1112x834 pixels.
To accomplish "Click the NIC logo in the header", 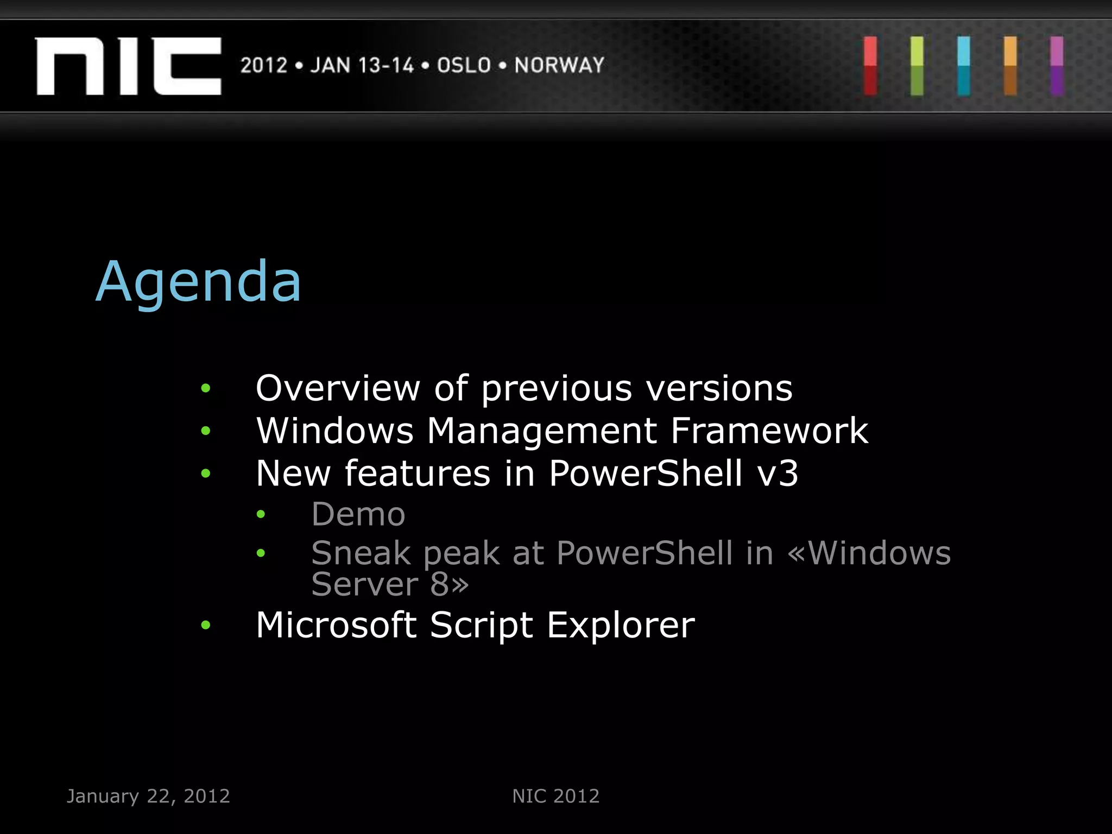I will pos(128,66).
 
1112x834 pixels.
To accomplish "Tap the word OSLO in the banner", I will pos(464,65).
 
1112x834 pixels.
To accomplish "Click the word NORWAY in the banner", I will pos(559,65).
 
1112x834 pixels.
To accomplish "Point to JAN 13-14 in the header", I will pos(362,65).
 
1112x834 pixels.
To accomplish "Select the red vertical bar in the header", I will pos(870,66).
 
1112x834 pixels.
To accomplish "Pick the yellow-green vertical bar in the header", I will pos(917,66).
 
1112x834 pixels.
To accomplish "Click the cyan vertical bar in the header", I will pos(964,66).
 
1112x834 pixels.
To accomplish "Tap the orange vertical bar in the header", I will pos(1010,66).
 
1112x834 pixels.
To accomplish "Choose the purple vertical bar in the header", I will pos(1057,66).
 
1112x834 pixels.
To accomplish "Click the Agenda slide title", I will pos(198,282).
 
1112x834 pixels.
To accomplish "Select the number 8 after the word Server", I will pos(439,584).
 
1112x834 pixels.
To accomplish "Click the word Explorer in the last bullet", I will pos(620,625).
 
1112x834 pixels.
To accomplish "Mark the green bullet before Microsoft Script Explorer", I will pos(205,625).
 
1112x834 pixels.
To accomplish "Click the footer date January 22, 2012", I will pos(148,796).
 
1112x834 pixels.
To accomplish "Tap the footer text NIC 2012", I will pos(555,796).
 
